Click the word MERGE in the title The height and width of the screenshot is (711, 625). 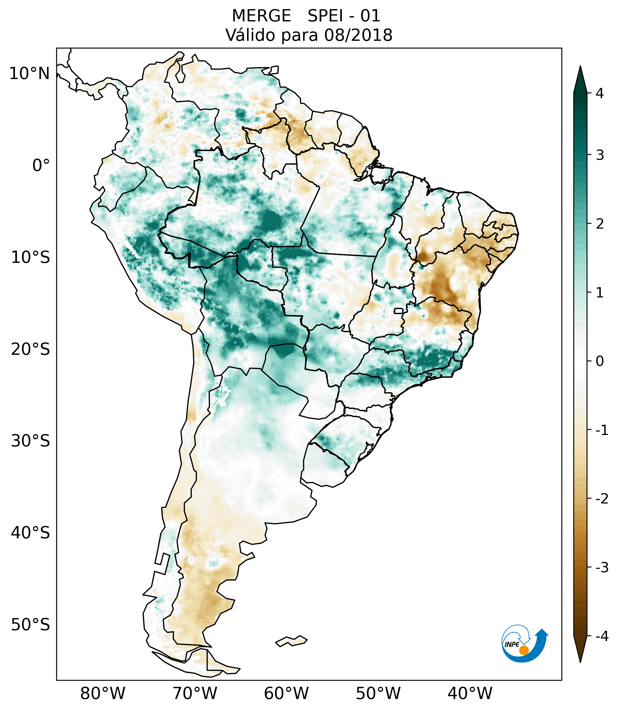coord(261,16)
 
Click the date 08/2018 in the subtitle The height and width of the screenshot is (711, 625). coord(358,35)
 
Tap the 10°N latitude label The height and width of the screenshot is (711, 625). coord(30,74)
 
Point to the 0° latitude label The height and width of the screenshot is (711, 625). coord(41,166)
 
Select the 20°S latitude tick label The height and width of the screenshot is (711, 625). coord(31,349)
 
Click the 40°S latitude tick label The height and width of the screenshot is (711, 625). coord(31,533)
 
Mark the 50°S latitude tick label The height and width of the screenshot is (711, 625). coord(31,625)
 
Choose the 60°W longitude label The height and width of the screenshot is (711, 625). coord(286,694)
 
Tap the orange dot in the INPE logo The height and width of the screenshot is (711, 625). coord(523,650)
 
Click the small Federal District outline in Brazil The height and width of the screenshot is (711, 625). coord(398,311)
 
